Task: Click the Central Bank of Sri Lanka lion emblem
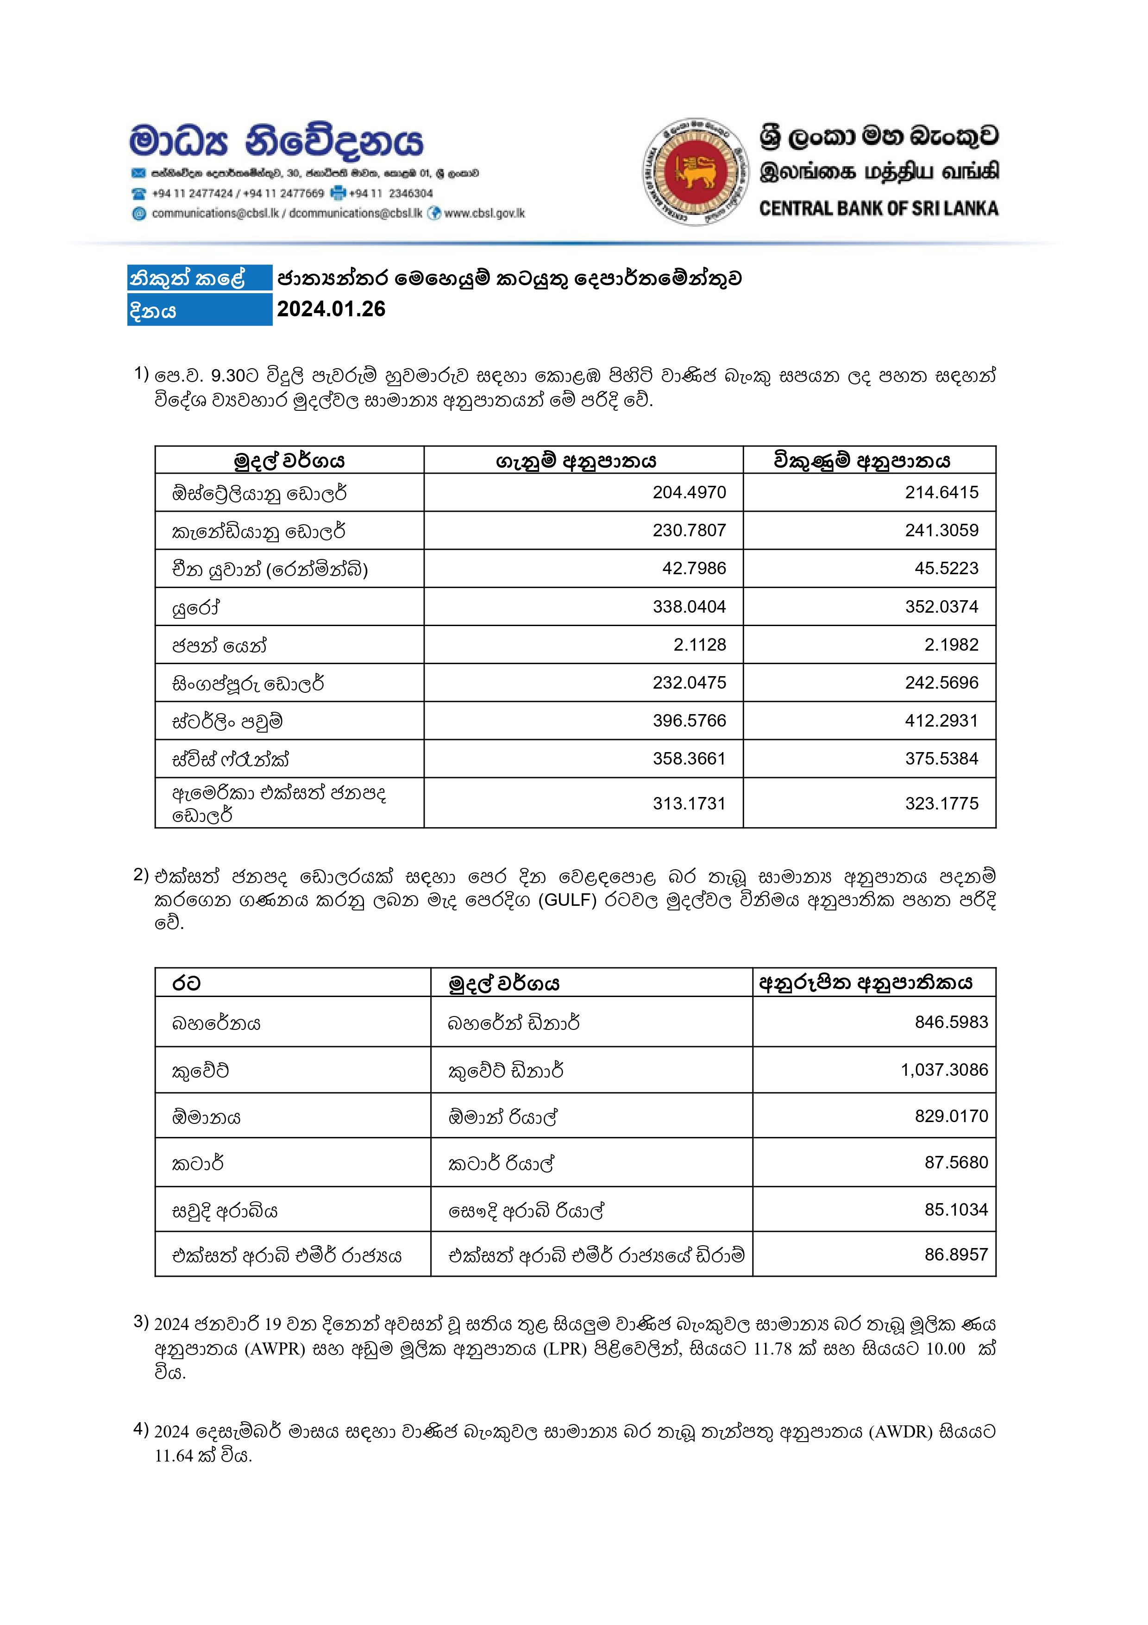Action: (x=695, y=172)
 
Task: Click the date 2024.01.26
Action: (x=331, y=309)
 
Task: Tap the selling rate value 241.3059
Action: (x=941, y=530)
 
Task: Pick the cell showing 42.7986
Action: (x=694, y=568)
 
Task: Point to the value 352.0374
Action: (x=941, y=607)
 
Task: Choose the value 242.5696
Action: (x=941, y=683)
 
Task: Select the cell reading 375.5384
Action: (x=941, y=759)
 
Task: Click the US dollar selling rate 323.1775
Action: (x=941, y=803)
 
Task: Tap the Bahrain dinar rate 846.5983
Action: (x=951, y=1022)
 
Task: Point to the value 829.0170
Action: (x=951, y=1116)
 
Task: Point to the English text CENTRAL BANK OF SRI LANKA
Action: (x=878, y=209)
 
